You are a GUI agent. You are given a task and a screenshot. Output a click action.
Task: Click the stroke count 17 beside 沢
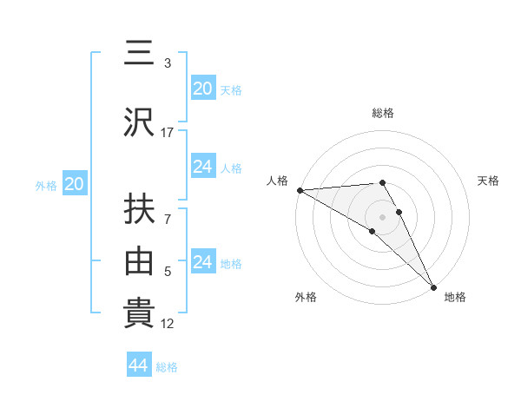[168, 132]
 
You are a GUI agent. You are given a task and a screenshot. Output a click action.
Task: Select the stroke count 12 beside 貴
[168, 324]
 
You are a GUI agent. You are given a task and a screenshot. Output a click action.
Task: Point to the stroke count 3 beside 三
[168, 63]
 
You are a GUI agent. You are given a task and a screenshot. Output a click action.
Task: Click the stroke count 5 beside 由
[168, 272]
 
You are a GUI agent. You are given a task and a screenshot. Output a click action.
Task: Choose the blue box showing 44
[139, 365]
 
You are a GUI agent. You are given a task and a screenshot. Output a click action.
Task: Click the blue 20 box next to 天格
[203, 89]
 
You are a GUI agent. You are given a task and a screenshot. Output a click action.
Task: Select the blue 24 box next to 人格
[203, 167]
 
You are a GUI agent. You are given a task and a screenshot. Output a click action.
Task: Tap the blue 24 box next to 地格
[203, 262]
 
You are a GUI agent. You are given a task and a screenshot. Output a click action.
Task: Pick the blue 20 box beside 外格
[75, 184]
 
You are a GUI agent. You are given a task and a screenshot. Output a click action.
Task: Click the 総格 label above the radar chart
[383, 113]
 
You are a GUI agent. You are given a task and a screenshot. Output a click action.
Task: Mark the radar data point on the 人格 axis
[300, 190]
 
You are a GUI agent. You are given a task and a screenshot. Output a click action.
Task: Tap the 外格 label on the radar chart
[306, 297]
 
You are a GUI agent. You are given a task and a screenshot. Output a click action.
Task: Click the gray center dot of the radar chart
[383, 216]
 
